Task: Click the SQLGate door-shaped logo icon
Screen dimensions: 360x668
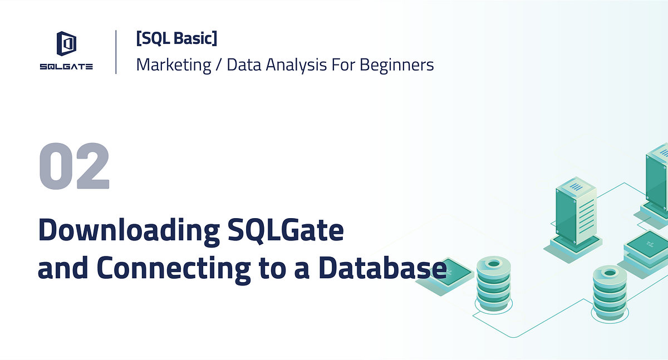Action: pos(66,44)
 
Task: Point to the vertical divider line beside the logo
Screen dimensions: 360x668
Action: pos(116,52)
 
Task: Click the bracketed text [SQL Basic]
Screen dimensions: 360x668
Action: pos(176,39)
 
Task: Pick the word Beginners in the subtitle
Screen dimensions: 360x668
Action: pos(396,65)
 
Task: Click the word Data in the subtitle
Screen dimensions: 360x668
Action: pos(244,65)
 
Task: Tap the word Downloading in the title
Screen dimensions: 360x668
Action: pos(128,230)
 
